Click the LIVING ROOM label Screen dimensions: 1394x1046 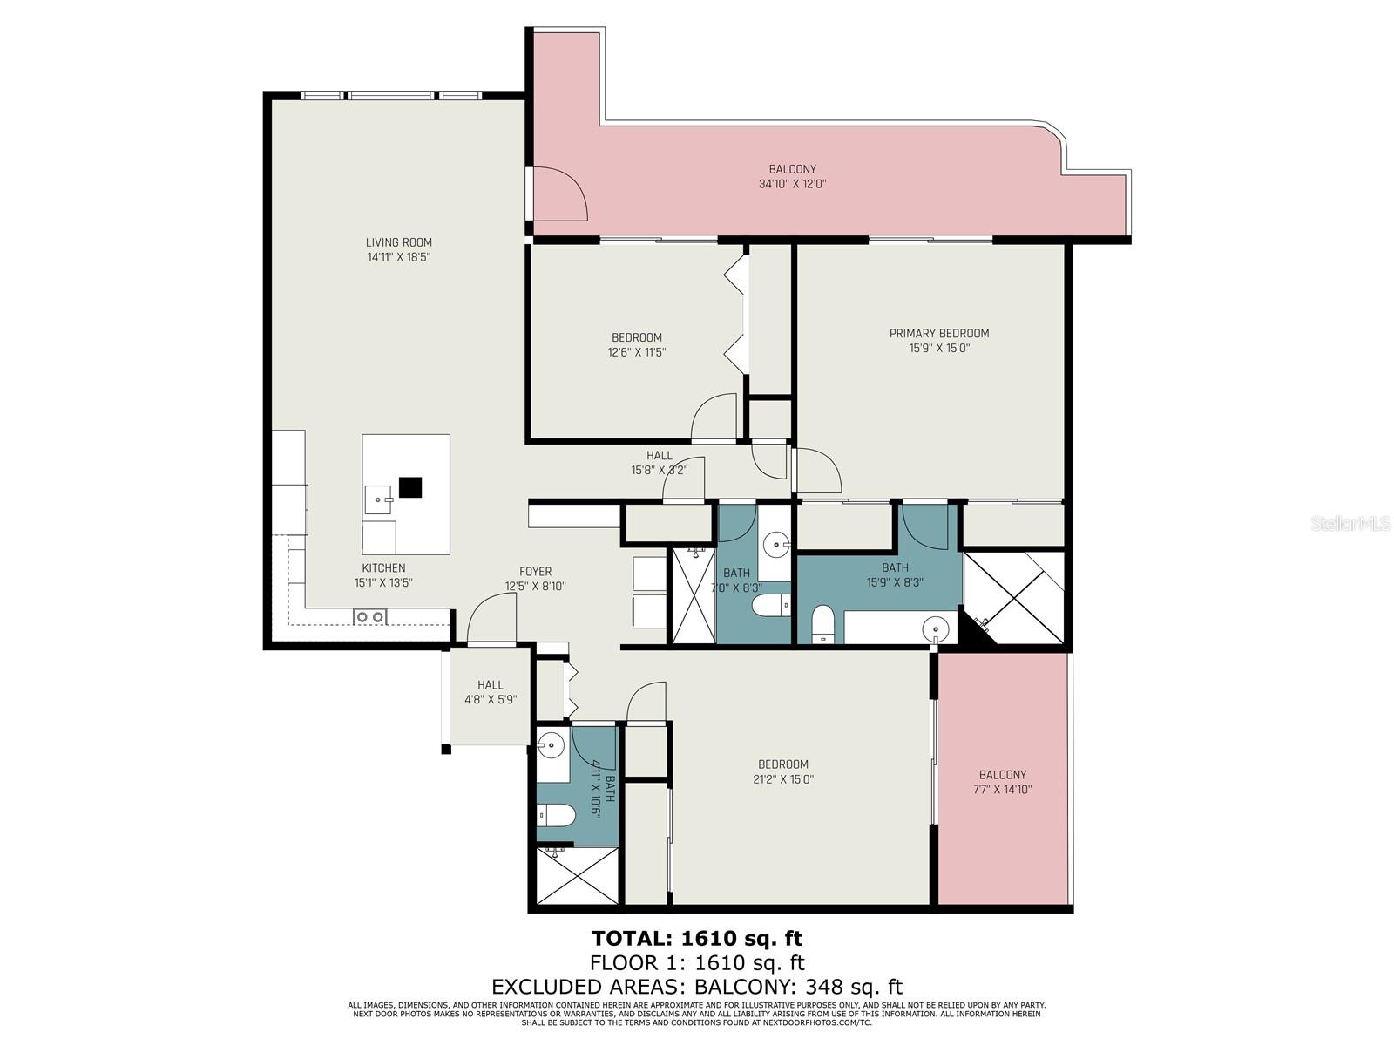pos(398,242)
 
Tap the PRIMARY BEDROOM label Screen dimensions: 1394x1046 pos(938,333)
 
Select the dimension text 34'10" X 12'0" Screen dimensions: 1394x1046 pos(792,184)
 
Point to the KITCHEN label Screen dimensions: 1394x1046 pos(383,567)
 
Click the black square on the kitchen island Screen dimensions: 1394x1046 pos(409,487)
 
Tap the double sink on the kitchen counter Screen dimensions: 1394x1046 pos(369,617)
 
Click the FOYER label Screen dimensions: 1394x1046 pos(535,572)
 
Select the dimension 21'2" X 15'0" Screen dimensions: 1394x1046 pos(782,779)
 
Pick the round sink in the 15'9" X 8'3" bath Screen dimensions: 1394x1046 pos(935,628)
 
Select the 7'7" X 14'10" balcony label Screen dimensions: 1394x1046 pos(1002,782)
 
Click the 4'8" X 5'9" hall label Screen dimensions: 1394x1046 pos(490,692)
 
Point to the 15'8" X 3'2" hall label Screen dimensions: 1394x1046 pos(659,463)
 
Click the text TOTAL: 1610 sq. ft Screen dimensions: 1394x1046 pos(696,938)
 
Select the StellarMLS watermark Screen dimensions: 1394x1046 pos(1350,523)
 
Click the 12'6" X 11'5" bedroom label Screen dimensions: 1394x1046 pos(636,345)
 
